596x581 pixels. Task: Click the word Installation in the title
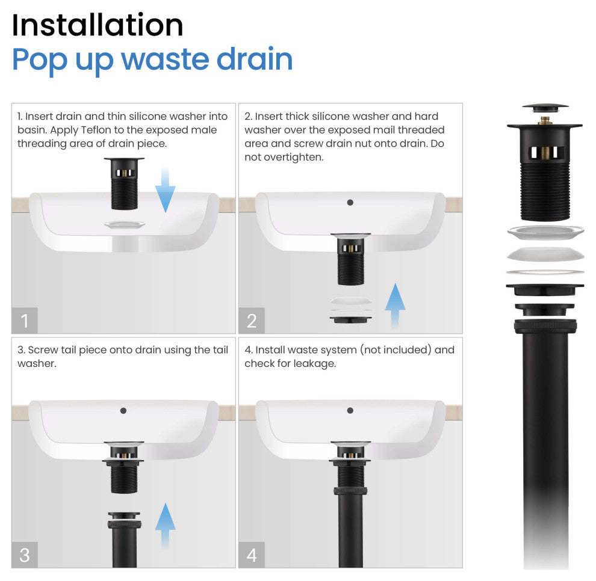98,25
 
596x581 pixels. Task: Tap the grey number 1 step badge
25,321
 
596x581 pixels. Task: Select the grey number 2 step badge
252,321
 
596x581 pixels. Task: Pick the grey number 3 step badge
25,555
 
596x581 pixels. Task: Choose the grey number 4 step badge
252,555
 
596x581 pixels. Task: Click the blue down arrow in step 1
166,190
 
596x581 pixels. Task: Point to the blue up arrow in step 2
395,306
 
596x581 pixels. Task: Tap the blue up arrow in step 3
166,526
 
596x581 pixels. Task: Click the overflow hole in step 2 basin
350,203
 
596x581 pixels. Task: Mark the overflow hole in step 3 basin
123,411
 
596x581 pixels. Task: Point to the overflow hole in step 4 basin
350,411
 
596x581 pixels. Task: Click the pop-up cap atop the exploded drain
545,108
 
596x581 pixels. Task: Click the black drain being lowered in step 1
124,183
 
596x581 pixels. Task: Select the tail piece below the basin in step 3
124,539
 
